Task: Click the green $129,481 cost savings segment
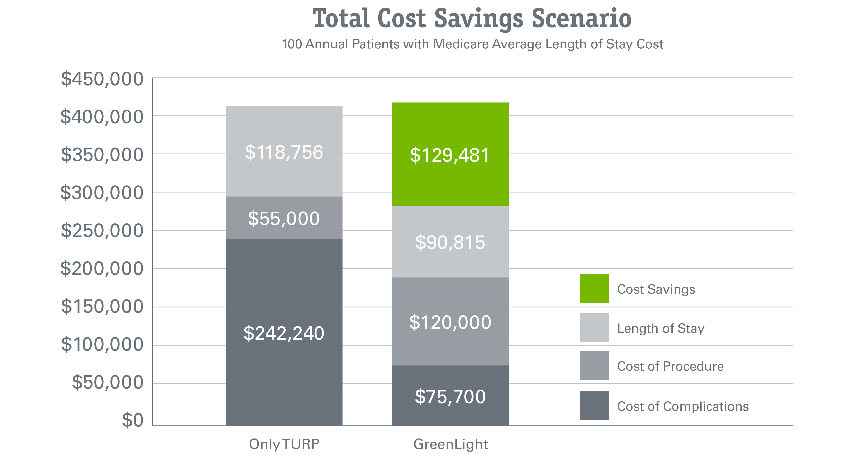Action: (x=450, y=155)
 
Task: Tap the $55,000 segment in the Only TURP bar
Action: (x=284, y=218)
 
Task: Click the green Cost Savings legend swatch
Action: (x=594, y=288)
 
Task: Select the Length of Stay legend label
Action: (x=660, y=328)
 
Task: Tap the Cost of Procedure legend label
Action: (x=670, y=366)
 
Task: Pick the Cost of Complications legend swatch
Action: (x=594, y=405)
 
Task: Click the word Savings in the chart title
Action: (x=478, y=19)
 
